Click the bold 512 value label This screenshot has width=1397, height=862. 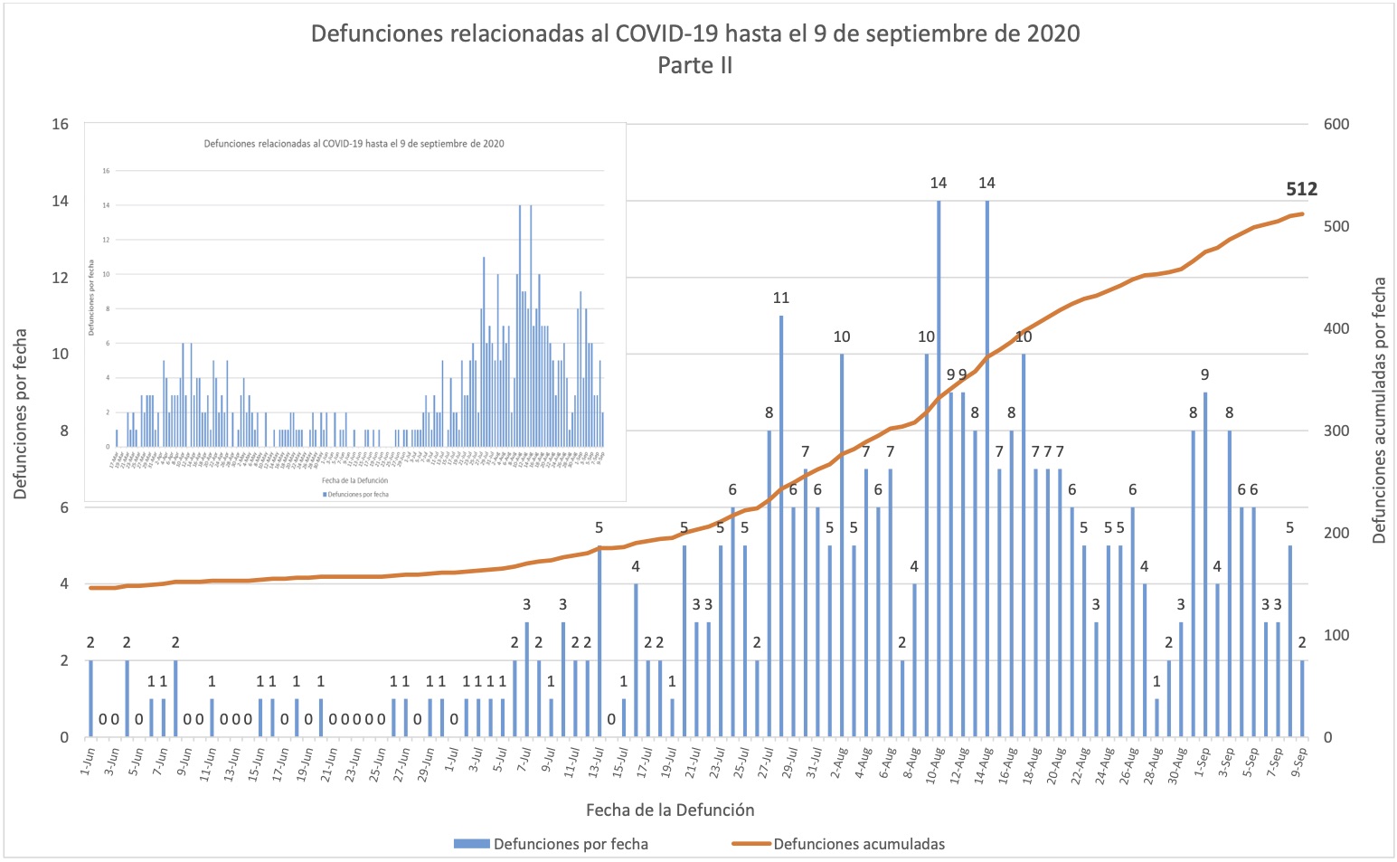coord(1301,189)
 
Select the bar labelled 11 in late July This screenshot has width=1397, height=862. coord(781,525)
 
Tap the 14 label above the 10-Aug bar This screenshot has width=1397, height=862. coord(939,183)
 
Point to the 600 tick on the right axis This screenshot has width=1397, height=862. coord(1336,124)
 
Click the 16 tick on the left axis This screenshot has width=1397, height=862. coord(60,124)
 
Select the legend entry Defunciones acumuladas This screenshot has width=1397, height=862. coord(858,844)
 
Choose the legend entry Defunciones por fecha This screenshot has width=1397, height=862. coord(570,844)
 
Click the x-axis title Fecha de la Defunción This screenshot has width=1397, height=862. coord(669,810)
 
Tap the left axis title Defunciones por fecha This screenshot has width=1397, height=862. coord(21,413)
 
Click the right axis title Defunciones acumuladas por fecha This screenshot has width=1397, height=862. coord(1379,410)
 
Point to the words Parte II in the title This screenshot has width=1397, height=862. coord(694,65)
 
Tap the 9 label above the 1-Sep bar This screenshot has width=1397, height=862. coord(1204,374)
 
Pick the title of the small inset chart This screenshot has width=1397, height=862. coord(354,143)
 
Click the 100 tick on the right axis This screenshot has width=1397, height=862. coord(1336,635)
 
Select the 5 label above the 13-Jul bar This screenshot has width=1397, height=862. coord(599,527)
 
